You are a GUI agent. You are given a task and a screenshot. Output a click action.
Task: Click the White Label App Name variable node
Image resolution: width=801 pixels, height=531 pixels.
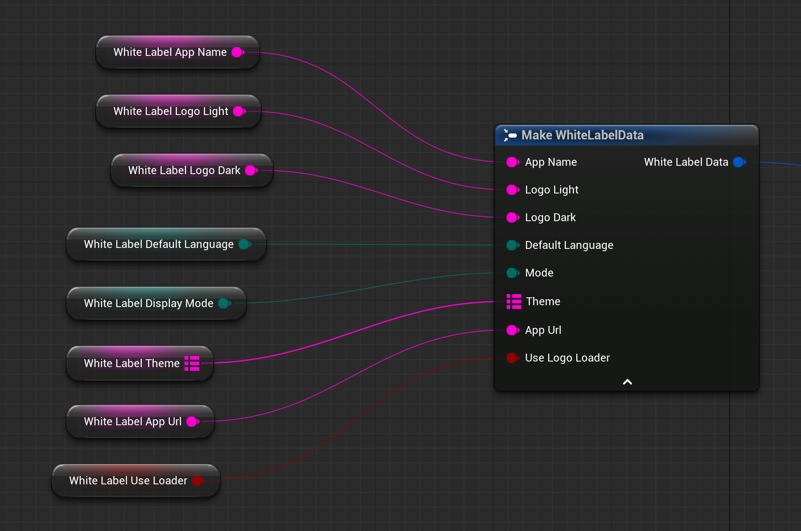[x=170, y=52]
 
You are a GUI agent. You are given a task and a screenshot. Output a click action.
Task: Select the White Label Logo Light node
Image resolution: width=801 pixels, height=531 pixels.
[x=171, y=111]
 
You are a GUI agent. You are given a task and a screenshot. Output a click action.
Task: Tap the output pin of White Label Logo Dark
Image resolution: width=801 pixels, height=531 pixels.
[x=251, y=170]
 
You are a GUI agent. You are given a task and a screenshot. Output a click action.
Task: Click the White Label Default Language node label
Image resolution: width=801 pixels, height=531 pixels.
[x=159, y=244]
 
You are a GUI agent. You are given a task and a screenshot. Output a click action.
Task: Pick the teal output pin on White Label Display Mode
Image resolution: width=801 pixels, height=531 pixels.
[x=225, y=303]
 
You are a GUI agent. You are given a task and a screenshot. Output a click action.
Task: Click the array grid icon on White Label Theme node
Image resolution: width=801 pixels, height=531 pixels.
[x=192, y=363]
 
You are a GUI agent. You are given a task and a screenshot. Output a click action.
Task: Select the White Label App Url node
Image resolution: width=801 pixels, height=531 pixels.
[x=133, y=422]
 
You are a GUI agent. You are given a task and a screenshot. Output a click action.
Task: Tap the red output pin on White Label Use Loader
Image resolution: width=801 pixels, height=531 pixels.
[x=198, y=481]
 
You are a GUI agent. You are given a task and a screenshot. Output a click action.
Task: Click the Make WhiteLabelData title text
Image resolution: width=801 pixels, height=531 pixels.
[x=582, y=135]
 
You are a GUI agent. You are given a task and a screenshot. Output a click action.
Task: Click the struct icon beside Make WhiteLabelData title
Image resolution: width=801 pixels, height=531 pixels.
[x=510, y=135]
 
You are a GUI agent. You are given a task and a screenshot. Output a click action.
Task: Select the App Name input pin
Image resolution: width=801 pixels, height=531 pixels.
[x=513, y=162]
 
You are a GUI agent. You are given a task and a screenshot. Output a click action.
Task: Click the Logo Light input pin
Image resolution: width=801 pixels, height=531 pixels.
[x=513, y=190]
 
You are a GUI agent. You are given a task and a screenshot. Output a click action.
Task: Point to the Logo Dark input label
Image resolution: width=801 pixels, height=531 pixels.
[x=550, y=217]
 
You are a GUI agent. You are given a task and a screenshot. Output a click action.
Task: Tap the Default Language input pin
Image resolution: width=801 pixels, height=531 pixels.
[x=513, y=245]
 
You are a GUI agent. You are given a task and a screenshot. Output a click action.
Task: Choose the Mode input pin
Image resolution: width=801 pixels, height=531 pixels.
[x=513, y=273]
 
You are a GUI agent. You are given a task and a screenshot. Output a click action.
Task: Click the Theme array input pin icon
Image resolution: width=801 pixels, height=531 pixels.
[x=514, y=302]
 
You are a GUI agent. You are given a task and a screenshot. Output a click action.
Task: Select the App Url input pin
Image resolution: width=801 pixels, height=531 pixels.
[x=513, y=330]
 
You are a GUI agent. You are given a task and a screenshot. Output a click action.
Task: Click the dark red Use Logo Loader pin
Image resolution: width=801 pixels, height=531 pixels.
[x=513, y=358]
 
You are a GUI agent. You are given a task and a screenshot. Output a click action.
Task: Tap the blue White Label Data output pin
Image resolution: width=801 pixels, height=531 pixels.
[x=739, y=162]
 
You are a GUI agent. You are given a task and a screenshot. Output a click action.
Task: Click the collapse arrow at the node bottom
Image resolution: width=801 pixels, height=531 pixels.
[x=628, y=382]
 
